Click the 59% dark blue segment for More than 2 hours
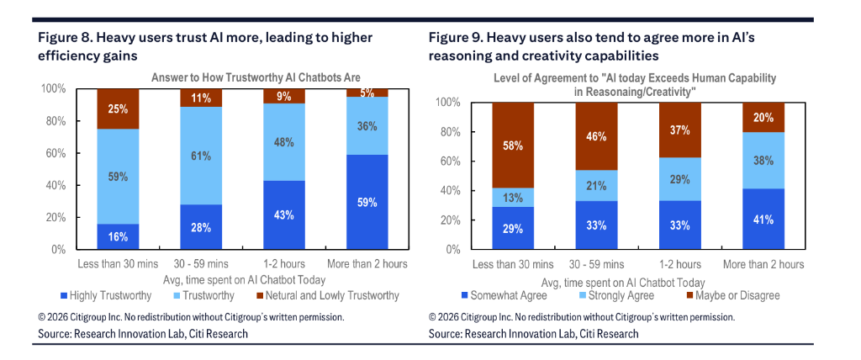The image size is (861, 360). click(x=367, y=202)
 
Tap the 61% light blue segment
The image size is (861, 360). click(x=202, y=156)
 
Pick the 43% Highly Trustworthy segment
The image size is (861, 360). click(x=284, y=214)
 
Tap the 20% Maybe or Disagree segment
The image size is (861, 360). click(x=763, y=117)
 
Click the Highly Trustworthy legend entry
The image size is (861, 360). click(x=106, y=295)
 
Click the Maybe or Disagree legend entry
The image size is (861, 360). click(x=727, y=295)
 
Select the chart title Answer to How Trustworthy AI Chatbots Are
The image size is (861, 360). click(x=243, y=77)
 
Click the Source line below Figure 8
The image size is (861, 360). click(x=143, y=334)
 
